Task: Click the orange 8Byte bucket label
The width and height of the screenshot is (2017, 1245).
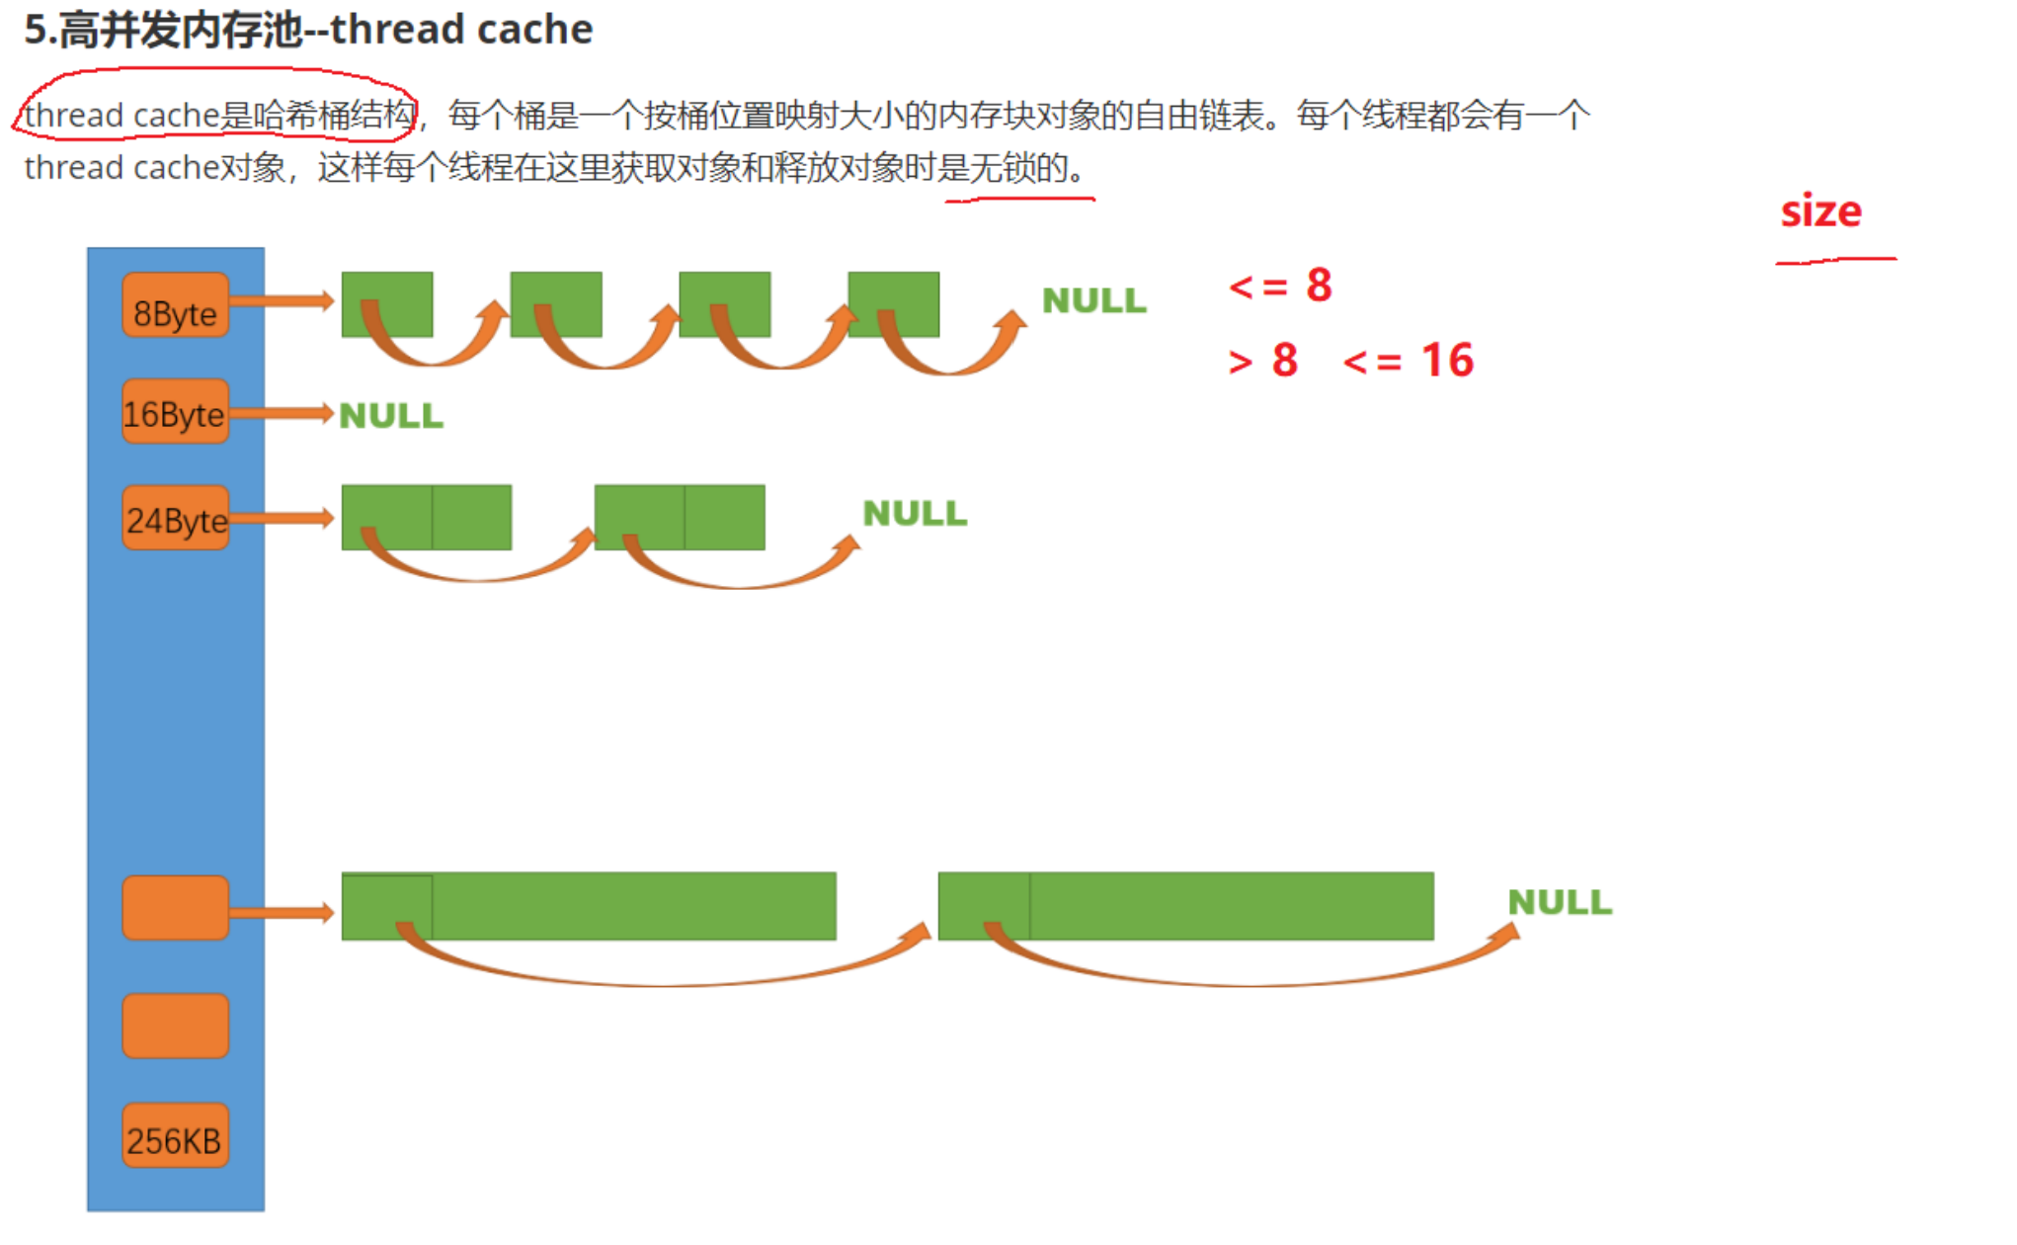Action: coord(176,305)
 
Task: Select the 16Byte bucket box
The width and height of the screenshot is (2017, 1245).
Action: coord(176,412)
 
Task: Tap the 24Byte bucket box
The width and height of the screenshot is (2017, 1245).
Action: coord(176,518)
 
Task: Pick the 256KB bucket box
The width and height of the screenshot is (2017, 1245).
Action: coord(176,1136)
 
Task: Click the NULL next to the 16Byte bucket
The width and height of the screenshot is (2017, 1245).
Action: coord(391,416)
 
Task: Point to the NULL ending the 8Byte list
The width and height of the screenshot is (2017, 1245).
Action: coord(1094,300)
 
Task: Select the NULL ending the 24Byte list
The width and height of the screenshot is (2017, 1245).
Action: coord(915,514)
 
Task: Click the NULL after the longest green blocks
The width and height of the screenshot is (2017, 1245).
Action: coord(1560,902)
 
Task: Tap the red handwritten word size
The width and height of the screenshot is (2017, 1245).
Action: coord(1820,211)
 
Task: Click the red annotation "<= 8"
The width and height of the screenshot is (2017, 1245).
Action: coord(1280,287)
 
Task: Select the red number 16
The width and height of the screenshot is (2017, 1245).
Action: coord(1447,361)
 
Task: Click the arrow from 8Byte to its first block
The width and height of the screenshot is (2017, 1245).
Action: coord(282,300)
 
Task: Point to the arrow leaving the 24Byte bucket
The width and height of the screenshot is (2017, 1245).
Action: coord(282,518)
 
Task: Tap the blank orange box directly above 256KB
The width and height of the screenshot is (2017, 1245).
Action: coord(176,1026)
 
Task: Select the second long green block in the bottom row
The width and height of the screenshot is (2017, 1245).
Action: coord(1185,906)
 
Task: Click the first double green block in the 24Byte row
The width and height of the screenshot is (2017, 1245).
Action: coord(427,517)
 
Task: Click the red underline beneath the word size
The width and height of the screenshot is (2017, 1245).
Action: coord(1835,261)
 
